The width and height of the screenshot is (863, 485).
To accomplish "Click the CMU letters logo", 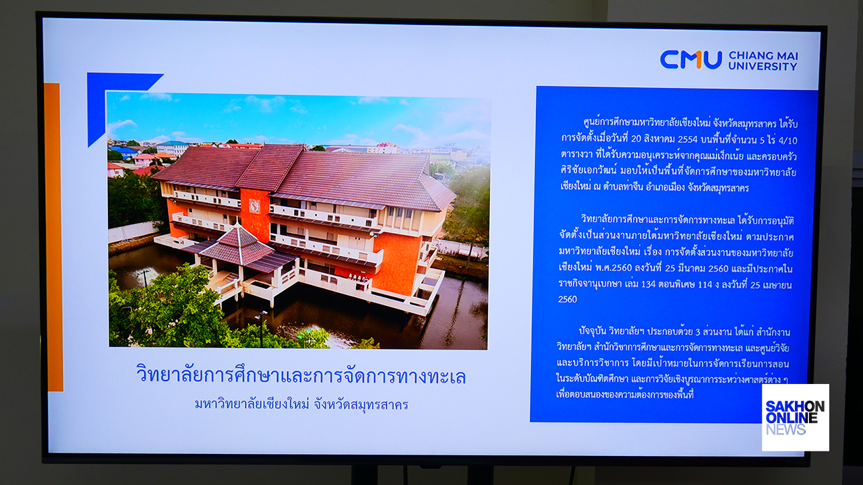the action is [691, 60].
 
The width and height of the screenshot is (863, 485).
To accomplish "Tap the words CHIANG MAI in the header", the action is [763, 56].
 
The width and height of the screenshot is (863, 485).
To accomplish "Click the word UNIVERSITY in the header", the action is [763, 66].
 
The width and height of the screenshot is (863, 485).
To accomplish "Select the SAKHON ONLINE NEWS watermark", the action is [795, 418].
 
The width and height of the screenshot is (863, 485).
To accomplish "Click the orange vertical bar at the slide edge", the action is [53, 236].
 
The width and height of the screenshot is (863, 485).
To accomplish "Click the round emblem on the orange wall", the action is [254, 206].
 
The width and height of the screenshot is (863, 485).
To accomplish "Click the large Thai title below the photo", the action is [301, 375].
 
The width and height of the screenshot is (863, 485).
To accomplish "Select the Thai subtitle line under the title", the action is [301, 405].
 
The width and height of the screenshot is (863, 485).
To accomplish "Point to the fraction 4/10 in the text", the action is [788, 141].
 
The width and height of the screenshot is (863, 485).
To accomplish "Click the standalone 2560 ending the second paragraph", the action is [568, 300].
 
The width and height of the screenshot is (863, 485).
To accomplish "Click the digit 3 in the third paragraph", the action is [697, 331].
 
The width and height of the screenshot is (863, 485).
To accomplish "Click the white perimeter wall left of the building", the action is [133, 231].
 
